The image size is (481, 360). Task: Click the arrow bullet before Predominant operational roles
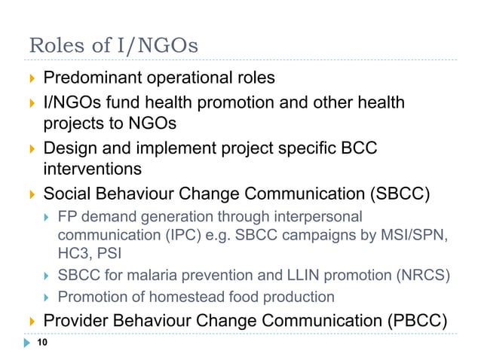pyautogui.click(x=31, y=78)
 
